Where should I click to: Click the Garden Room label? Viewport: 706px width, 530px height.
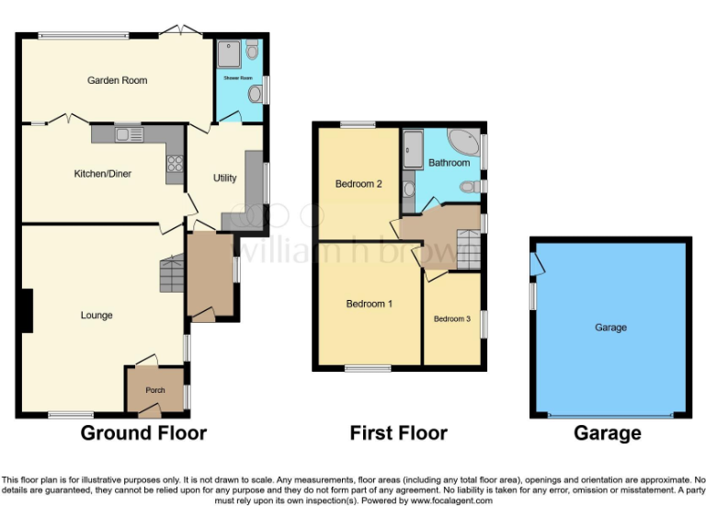pyautogui.click(x=117, y=81)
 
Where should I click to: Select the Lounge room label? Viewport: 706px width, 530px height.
pyautogui.click(x=97, y=316)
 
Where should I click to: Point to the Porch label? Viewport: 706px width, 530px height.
pyautogui.click(x=155, y=390)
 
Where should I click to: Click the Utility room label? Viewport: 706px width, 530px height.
pyautogui.click(x=224, y=179)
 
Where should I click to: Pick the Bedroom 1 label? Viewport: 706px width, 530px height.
pyautogui.click(x=369, y=304)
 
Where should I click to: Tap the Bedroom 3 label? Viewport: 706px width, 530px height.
pyautogui.click(x=452, y=319)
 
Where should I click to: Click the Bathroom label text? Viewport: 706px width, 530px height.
pyautogui.click(x=449, y=163)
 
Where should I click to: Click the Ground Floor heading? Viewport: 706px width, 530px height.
pyautogui.click(x=143, y=432)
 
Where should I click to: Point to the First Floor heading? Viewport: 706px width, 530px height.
pyautogui.click(x=398, y=432)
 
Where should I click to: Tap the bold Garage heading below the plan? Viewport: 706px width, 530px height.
pyautogui.click(x=608, y=432)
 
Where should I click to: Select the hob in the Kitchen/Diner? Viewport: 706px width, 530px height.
pyautogui.click(x=174, y=166)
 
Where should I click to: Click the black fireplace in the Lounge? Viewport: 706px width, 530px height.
pyautogui.click(x=28, y=310)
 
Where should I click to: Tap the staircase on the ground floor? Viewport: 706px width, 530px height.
pyautogui.click(x=172, y=274)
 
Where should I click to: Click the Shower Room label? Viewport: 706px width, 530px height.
pyautogui.click(x=238, y=78)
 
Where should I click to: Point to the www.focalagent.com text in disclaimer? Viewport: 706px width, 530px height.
pyautogui.click(x=451, y=501)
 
